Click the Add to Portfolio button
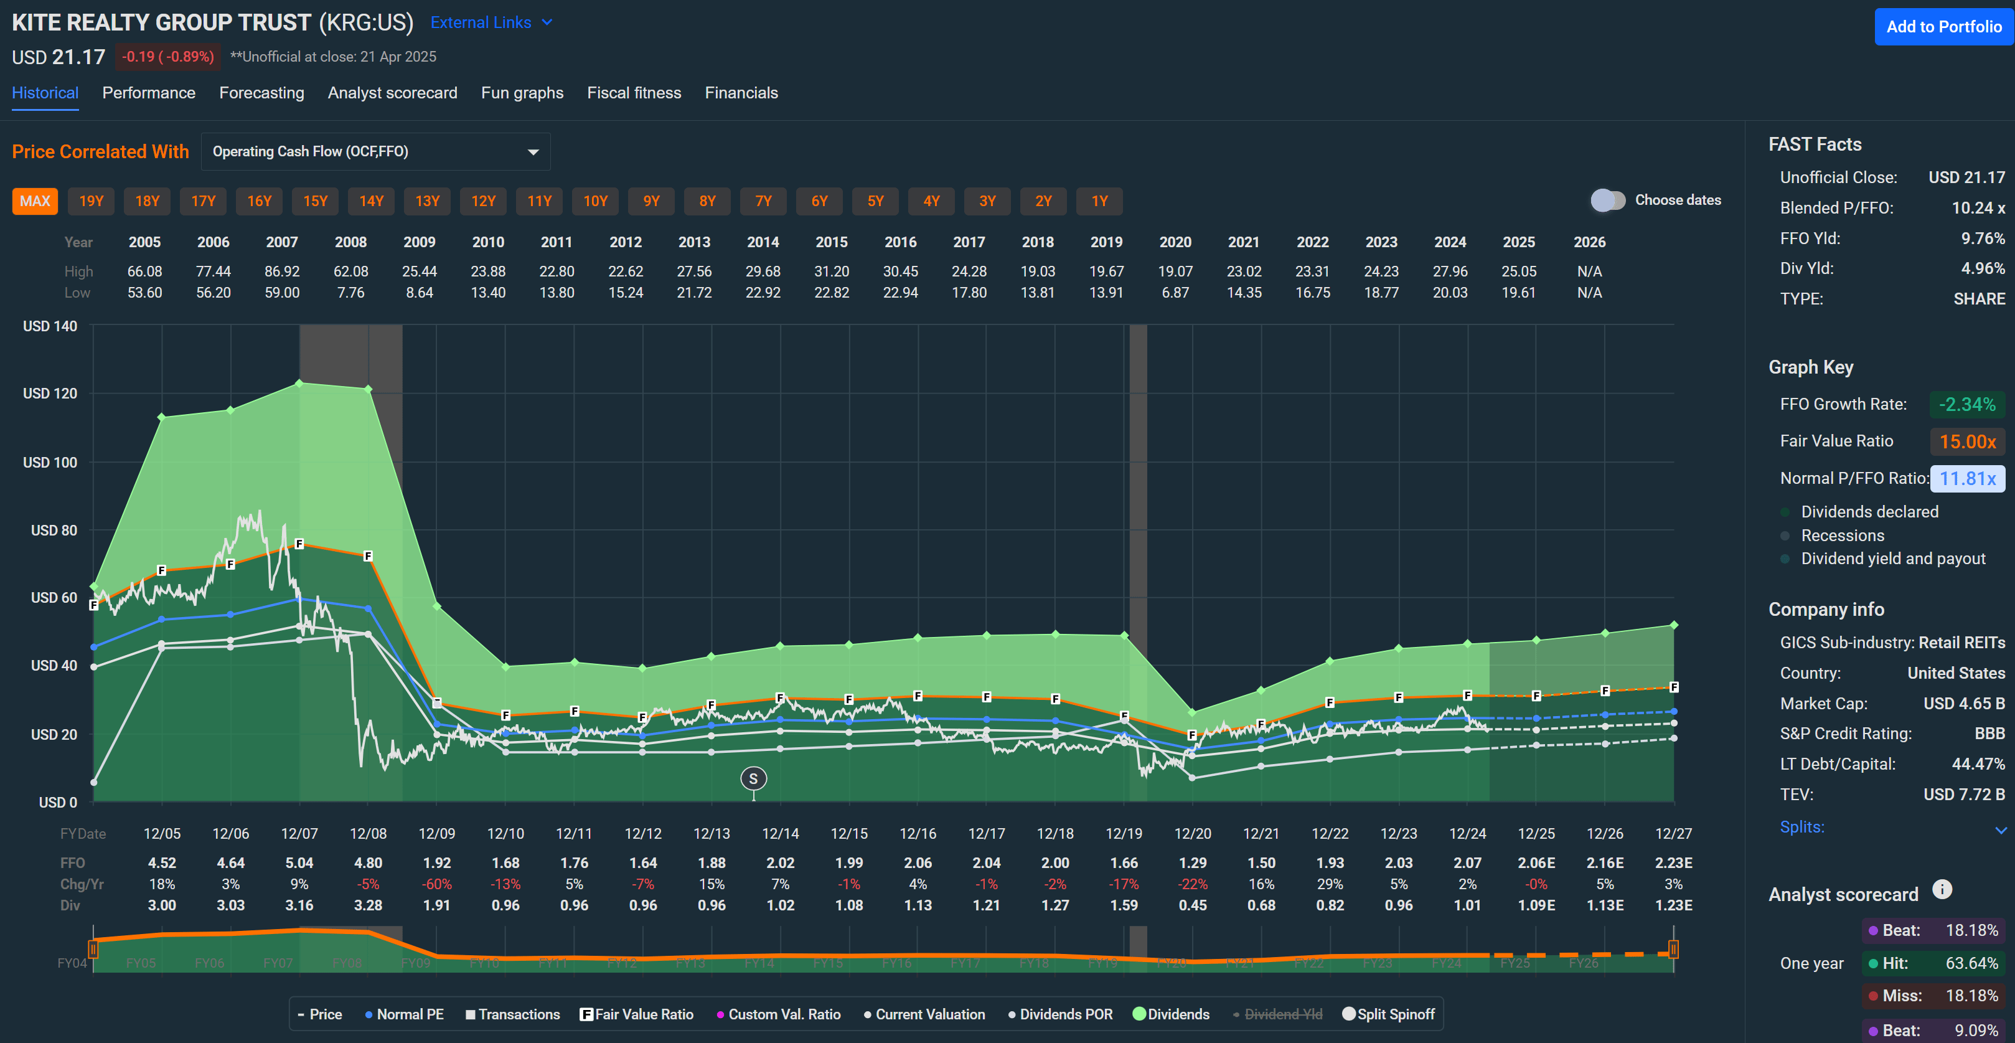[x=1943, y=27]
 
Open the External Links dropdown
[x=491, y=22]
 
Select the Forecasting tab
[x=261, y=93]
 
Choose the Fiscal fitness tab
[x=634, y=93]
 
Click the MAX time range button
[x=34, y=201]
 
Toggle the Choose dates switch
[x=1607, y=201]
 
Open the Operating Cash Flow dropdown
[x=375, y=152]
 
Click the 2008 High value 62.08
[x=350, y=271]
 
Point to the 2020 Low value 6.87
[x=1175, y=293]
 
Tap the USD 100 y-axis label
[x=50, y=463]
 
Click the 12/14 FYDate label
[x=780, y=833]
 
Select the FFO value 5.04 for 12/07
[x=299, y=863]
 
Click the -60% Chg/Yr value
[x=436, y=884]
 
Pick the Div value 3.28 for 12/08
[x=368, y=905]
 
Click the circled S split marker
[x=753, y=778]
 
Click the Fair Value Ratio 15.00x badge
[x=1966, y=441]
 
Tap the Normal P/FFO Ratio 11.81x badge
[x=1966, y=479]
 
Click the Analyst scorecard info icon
[x=1942, y=890]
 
